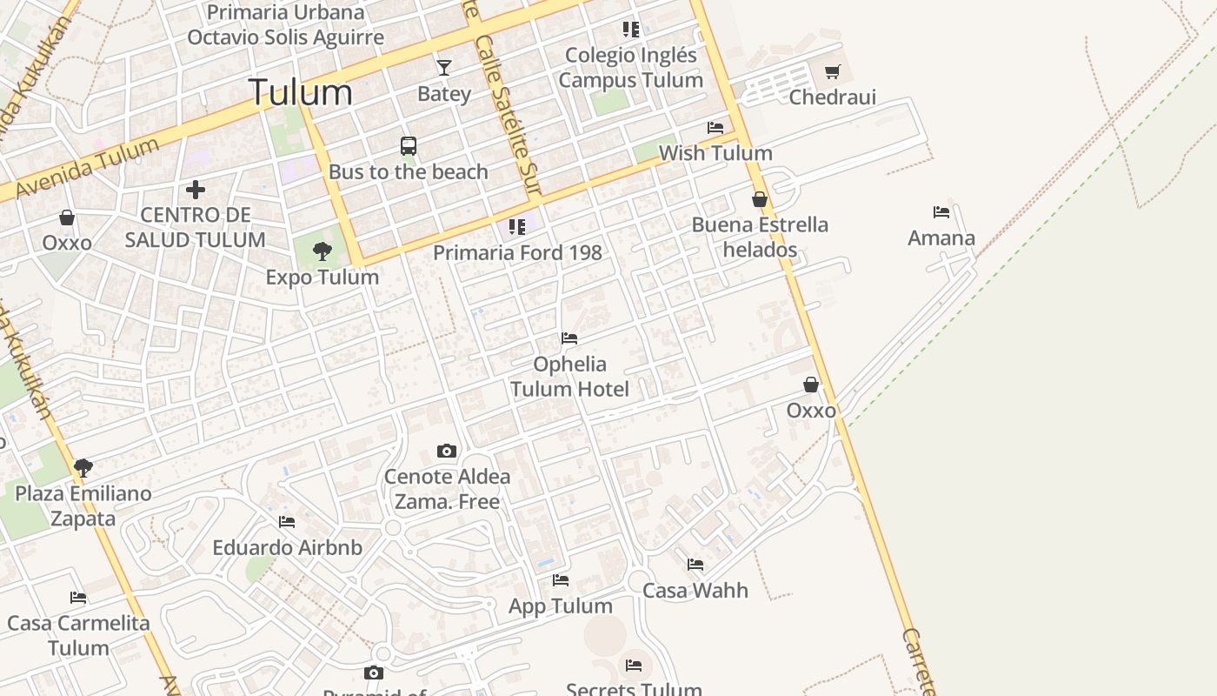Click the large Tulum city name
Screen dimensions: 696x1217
point(301,92)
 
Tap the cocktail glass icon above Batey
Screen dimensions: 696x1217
point(444,67)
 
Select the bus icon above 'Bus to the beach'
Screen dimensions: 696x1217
point(409,145)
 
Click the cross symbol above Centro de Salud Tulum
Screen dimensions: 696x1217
point(196,189)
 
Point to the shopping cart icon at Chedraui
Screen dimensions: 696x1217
point(833,71)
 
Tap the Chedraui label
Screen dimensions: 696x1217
point(832,97)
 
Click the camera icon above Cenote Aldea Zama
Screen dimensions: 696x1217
point(447,451)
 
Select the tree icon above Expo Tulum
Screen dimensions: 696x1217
point(323,251)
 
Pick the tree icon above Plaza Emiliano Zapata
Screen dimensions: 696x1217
point(83,468)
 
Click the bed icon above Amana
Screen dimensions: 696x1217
point(941,211)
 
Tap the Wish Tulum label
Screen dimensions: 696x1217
point(715,153)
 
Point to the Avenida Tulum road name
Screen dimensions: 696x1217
point(87,168)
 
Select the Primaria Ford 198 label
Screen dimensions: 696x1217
point(517,252)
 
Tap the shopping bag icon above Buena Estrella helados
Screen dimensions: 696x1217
point(760,199)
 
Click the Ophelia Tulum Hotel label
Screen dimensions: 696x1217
point(569,376)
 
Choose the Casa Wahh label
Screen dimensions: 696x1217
point(695,590)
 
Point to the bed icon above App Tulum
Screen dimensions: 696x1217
point(561,579)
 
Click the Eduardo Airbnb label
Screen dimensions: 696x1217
point(287,548)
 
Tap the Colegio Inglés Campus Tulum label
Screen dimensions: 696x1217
point(630,67)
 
